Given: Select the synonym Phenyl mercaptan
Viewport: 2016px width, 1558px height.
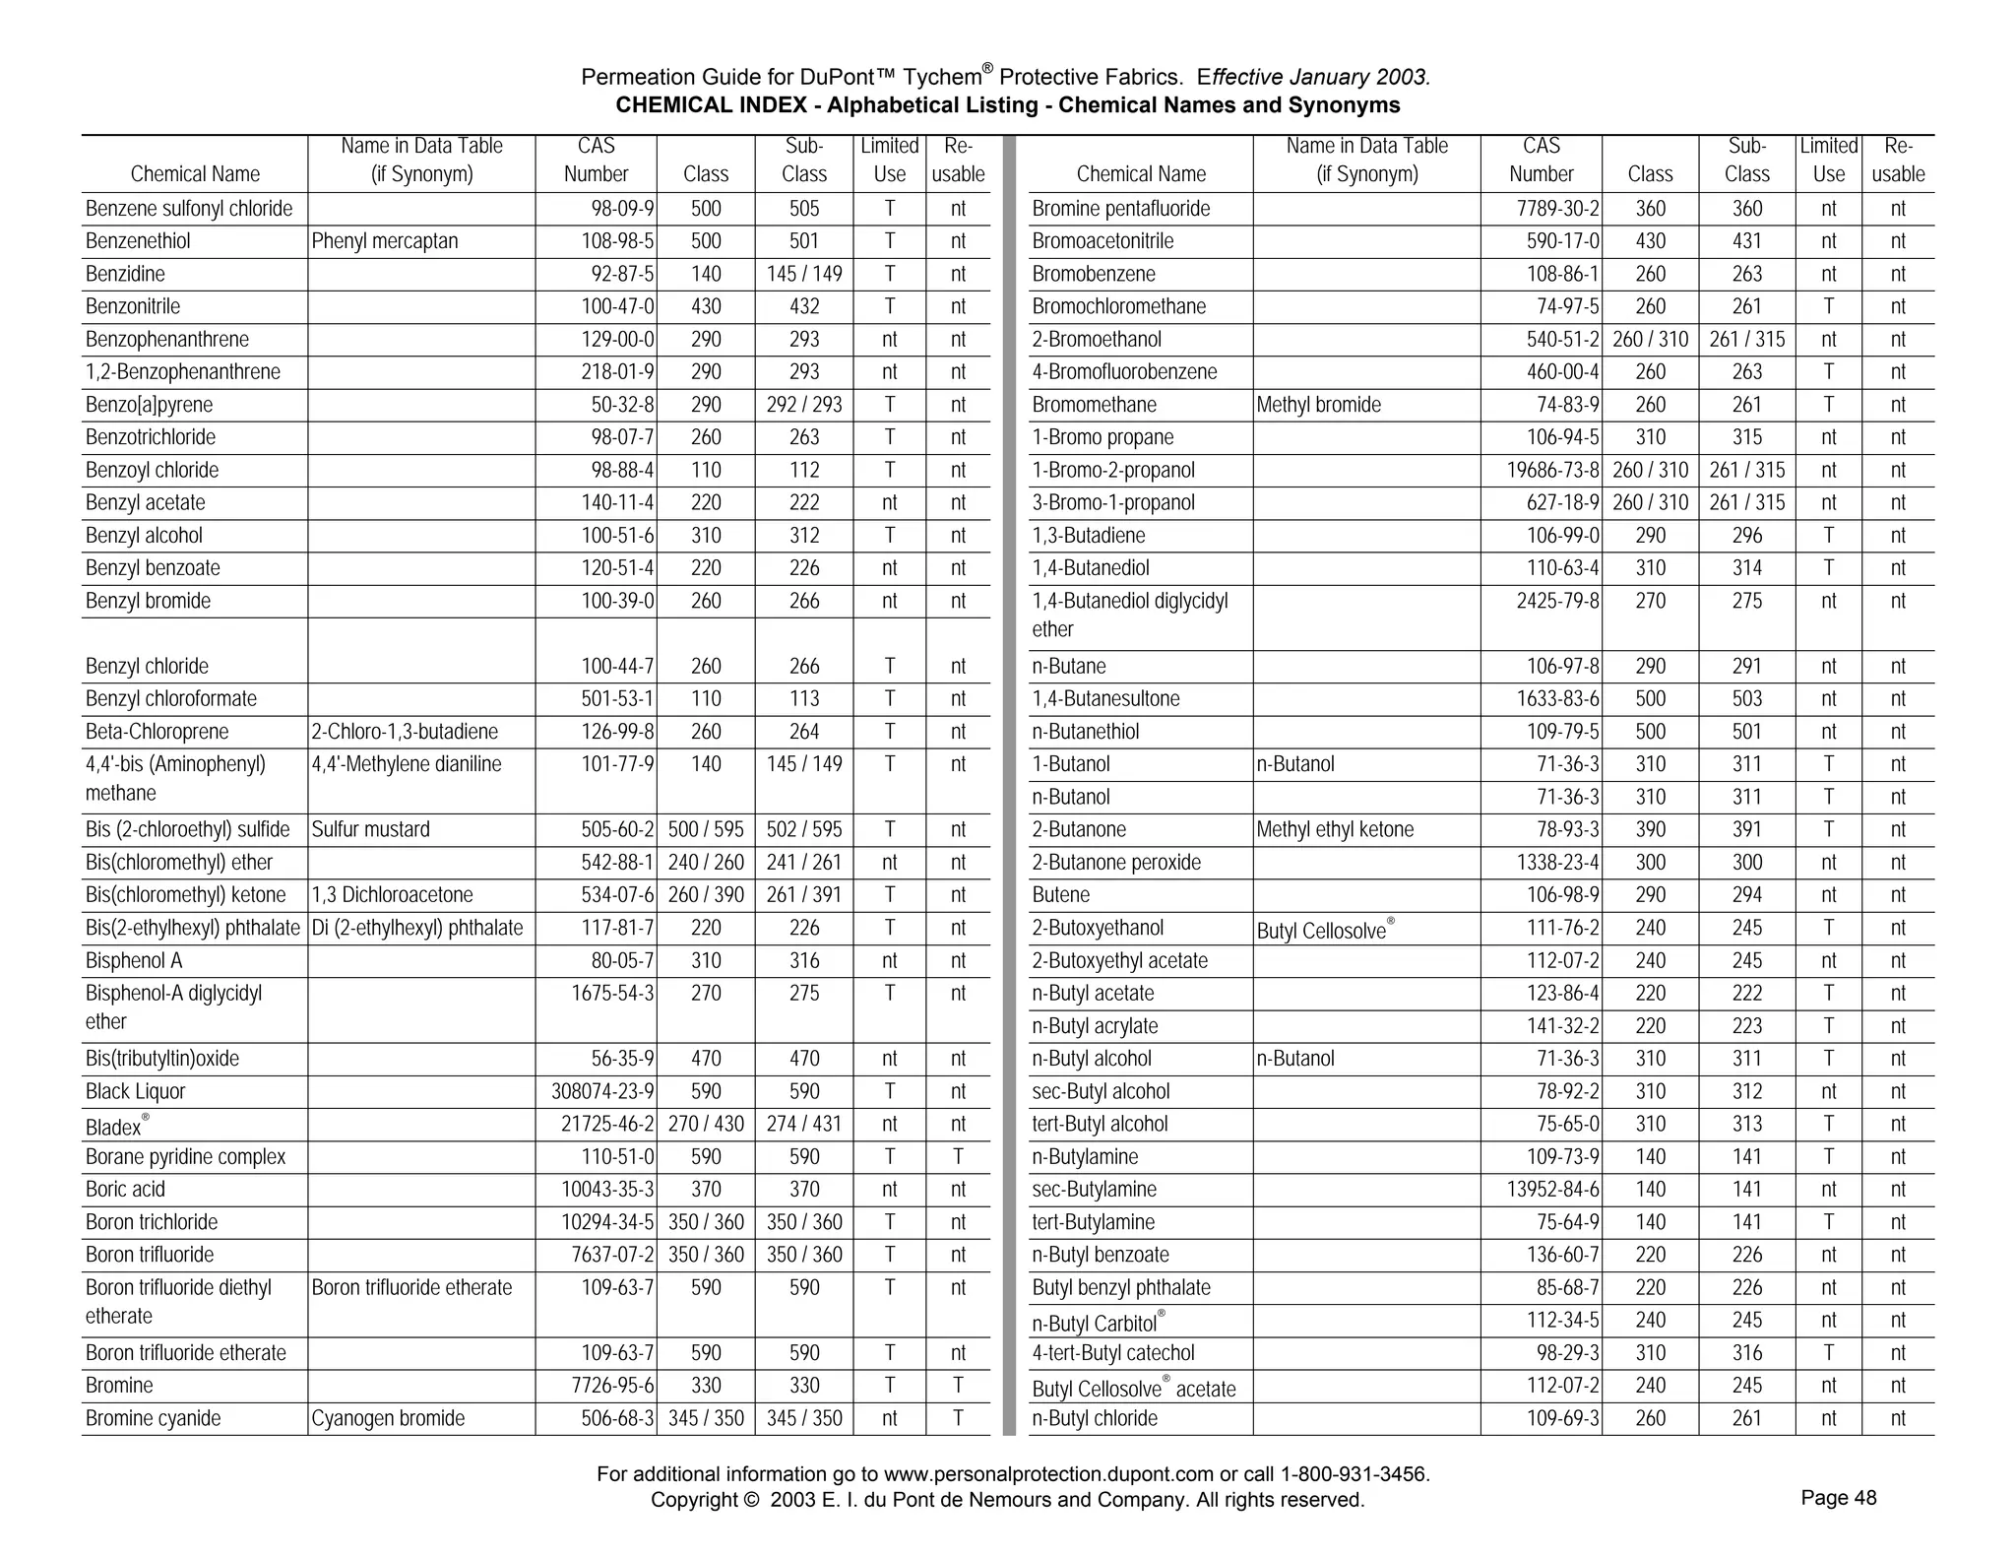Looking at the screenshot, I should [384, 241].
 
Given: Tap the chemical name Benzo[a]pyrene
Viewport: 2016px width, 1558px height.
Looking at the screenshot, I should [149, 405].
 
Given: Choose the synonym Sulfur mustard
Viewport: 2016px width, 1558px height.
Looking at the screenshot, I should [370, 829].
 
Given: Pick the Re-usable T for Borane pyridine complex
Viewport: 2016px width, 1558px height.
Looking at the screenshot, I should [957, 1156].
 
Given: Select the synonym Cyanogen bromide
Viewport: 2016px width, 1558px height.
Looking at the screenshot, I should [388, 1418].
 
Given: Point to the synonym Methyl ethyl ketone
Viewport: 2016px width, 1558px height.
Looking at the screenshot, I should [1334, 829].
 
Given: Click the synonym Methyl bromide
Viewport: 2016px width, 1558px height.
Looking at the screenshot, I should [1318, 405].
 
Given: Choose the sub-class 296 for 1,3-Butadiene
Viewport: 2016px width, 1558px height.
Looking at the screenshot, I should [1746, 536].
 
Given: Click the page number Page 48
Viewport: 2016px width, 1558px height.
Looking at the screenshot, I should [1838, 1498].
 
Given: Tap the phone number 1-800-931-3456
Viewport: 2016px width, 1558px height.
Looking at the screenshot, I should [1354, 1474].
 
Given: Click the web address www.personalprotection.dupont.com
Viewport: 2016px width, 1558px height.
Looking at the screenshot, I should [1048, 1474].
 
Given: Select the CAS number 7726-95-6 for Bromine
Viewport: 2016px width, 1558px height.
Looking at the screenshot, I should [612, 1386].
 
